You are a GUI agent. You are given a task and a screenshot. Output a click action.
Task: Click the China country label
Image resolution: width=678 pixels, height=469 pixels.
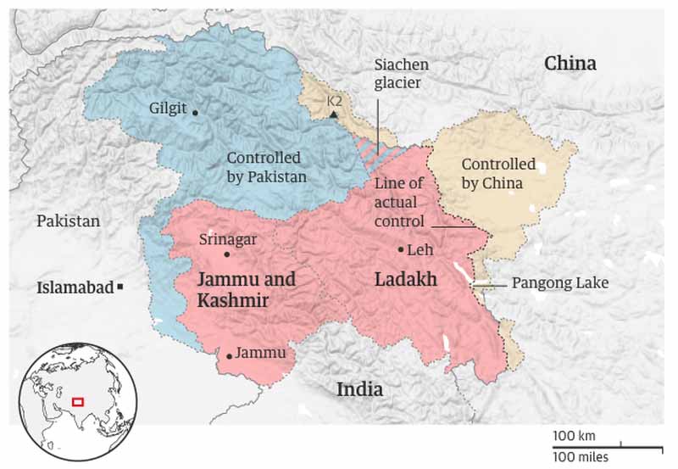click(x=570, y=64)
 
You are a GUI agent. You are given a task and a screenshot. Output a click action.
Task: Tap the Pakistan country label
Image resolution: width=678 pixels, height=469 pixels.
click(x=68, y=221)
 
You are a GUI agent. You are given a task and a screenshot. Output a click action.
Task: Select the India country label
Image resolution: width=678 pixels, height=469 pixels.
click(x=359, y=390)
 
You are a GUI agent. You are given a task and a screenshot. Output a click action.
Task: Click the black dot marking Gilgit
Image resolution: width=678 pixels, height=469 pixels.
click(x=196, y=112)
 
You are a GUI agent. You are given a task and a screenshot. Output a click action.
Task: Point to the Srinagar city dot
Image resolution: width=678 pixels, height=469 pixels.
click(x=226, y=254)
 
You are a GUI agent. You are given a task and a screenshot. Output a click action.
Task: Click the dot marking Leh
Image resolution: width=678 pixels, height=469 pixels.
click(x=401, y=249)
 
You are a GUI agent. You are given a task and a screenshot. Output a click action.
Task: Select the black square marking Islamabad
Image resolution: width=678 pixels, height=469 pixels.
click(x=121, y=288)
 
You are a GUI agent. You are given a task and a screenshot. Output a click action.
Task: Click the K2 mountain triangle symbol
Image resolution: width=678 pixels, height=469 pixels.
click(x=334, y=114)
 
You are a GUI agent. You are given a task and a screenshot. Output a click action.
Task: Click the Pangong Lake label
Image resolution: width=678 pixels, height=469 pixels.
click(x=560, y=282)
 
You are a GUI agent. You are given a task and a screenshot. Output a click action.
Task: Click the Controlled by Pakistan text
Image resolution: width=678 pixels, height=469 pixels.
click(x=266, y=167)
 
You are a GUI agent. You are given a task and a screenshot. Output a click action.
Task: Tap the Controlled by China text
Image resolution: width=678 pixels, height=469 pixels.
click(x=497, y=173)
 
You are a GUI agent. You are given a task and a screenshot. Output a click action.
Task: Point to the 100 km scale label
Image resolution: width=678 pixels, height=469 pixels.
click(x=574, y=436)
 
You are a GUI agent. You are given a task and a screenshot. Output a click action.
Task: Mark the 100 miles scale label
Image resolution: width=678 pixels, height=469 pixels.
click(x=581, y=457)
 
